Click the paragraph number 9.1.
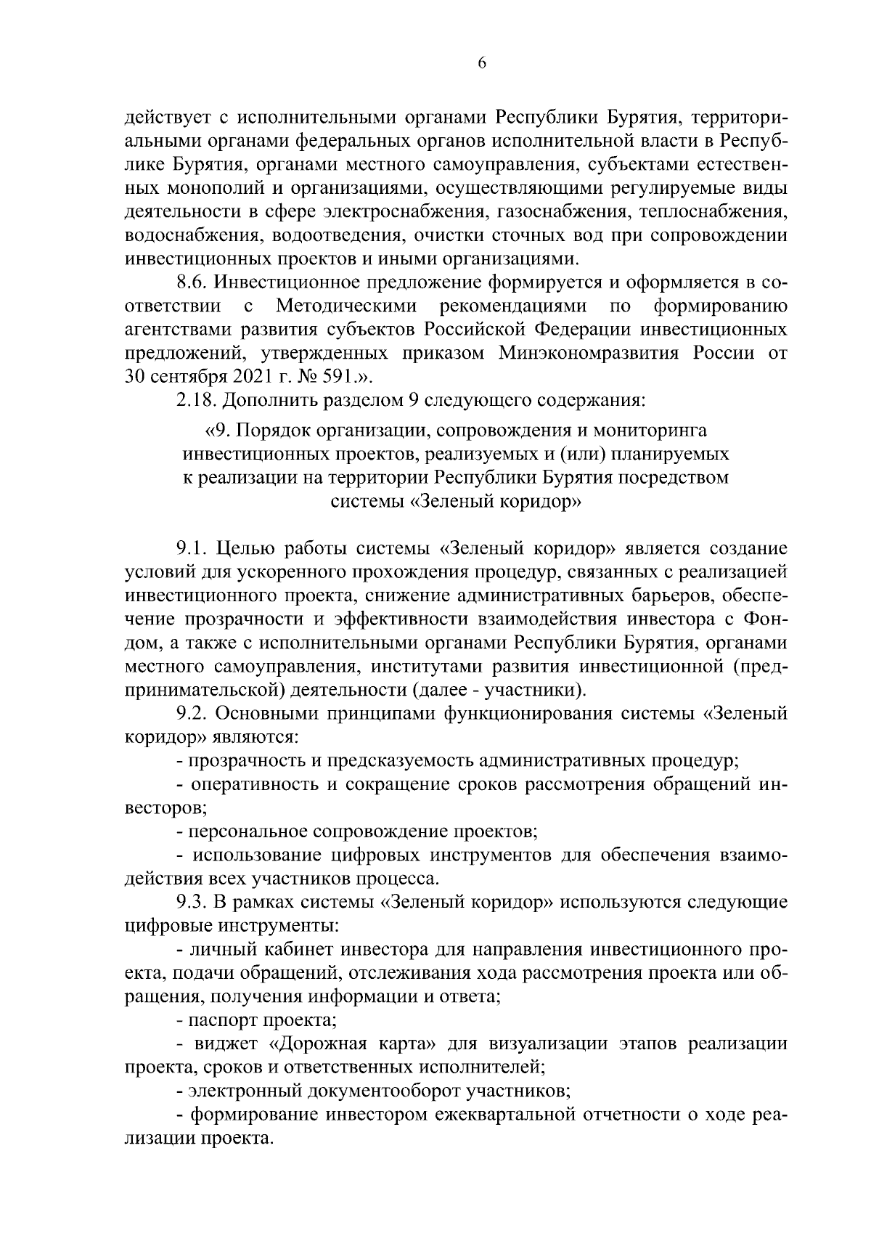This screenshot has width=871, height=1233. [x=190, y=548]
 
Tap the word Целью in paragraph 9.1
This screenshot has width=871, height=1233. [x=246, y=548]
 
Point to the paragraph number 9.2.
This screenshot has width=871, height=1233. [x=191, y=713]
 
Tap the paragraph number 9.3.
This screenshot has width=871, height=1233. [x=191, y=902]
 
